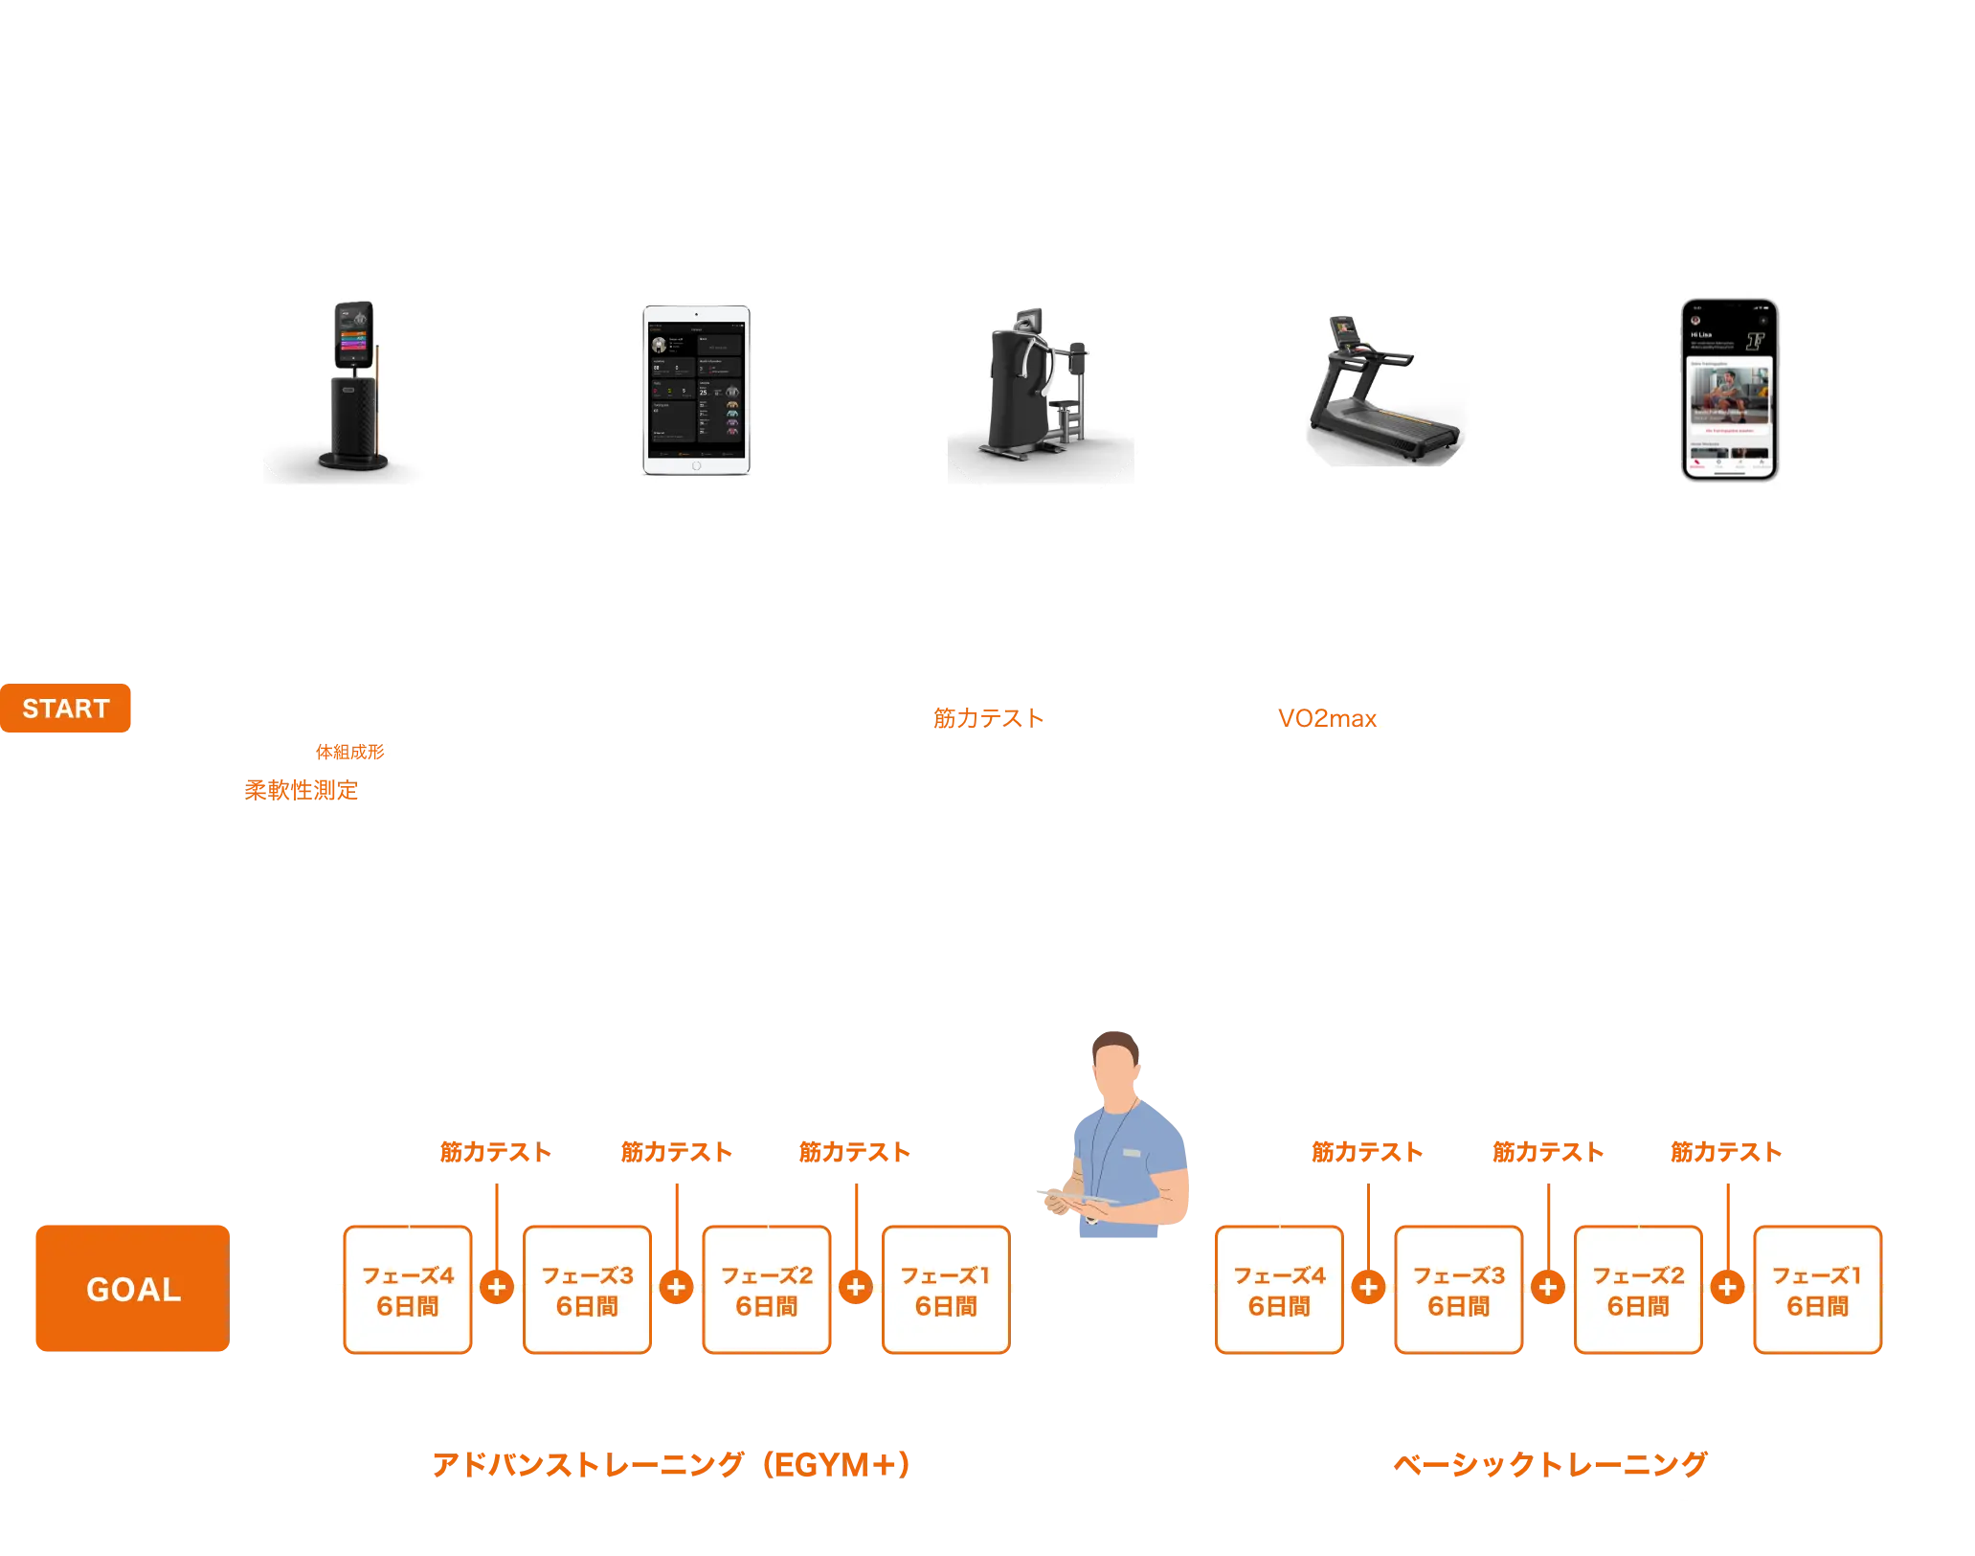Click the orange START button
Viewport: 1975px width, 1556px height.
pyautogui.click(x=66, y=709)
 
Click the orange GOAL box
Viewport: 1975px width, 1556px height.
pyautogui.click(x=132, y=1288)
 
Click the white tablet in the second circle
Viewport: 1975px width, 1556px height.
pyautogui.click(x=696, y=391)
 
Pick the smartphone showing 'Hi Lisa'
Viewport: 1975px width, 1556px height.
pyautogui.click(x=1729, y=390)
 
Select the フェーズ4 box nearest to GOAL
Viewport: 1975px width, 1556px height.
pyautogui.click(x=408, y=1290)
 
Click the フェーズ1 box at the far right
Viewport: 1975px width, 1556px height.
pyautogui.click(x=1817, y=1290)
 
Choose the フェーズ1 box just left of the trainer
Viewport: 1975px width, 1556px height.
pyautogui.click(x=946, y=1290)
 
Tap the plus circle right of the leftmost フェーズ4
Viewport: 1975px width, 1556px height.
pyautogui.click(x=497, y=1287)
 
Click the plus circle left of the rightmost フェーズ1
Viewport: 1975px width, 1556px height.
pyautogui.click(x=1728, y=1287)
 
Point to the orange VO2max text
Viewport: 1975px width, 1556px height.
pyautogui.click(x=1327, y=717)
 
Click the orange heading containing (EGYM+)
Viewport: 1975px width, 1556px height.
pyautogui.click(x=670, y=1464)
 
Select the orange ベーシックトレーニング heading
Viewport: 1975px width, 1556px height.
pyautogui.click(x=1549, y=1464)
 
